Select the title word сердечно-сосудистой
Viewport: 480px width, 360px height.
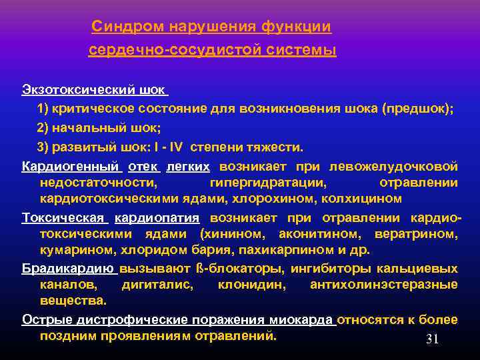166,50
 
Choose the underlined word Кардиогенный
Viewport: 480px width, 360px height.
70,165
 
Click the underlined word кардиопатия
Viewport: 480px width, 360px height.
157,218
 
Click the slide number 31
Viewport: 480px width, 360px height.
432,339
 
